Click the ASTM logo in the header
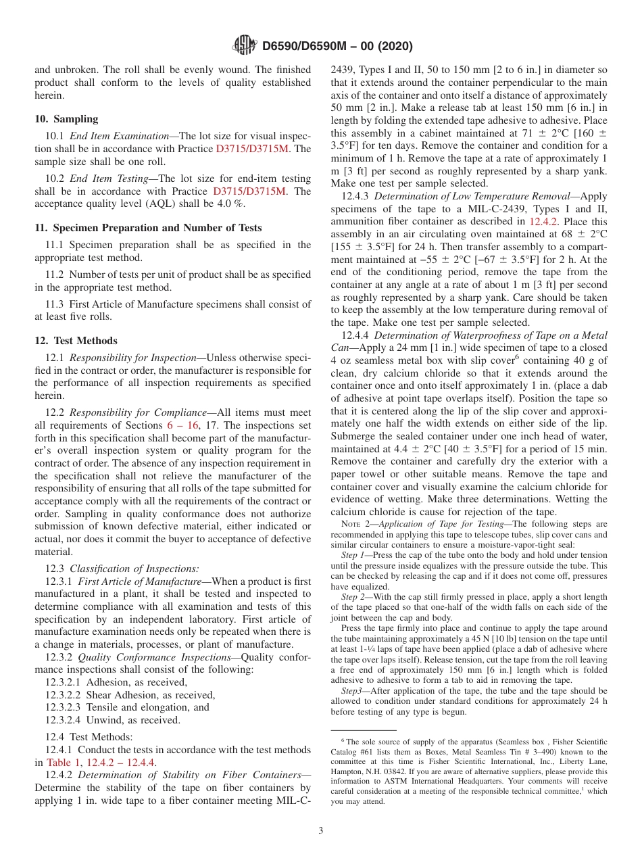pyautogui.click(x=245, y=45)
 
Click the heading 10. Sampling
pyautogui.click(x=66, y=119)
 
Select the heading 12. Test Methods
pyautogui.click(x=76, y=341)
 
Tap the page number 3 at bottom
pyautogui.click(x=321, y=831)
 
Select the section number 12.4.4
pyautogui.click(x=355, y=335)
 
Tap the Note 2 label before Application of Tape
pyautogui.click(x=354, y=524)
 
